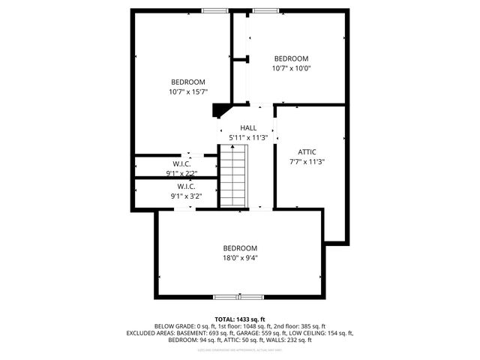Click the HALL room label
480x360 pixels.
click(x=248, y=128)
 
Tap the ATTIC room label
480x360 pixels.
click(x=307, y=151)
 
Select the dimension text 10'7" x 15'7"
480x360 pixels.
click(x=187, y=91)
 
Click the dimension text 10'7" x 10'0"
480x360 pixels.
click(x=291, y=68)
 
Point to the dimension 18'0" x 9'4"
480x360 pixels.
click(x=239, y=258)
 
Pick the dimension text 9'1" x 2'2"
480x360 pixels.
click(x=181, y=173)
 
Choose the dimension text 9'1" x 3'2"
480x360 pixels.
click(x=187, y=196)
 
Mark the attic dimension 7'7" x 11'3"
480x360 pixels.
click(x=307, y=161)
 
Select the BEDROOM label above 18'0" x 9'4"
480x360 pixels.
click(x=239, y=248)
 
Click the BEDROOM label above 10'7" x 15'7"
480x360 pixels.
click(x=187, y=82)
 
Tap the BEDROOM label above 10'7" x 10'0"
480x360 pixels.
click(x=291, y=58)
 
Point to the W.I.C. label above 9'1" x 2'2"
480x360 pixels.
click(x=181, y=163)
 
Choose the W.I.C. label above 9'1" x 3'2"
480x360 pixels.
click(x=187, y=186)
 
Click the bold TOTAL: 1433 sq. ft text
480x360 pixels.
click(x=240, y=319)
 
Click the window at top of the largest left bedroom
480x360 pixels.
click(x=215, y=10)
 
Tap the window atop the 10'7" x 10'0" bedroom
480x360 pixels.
click(x=262, y=10)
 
